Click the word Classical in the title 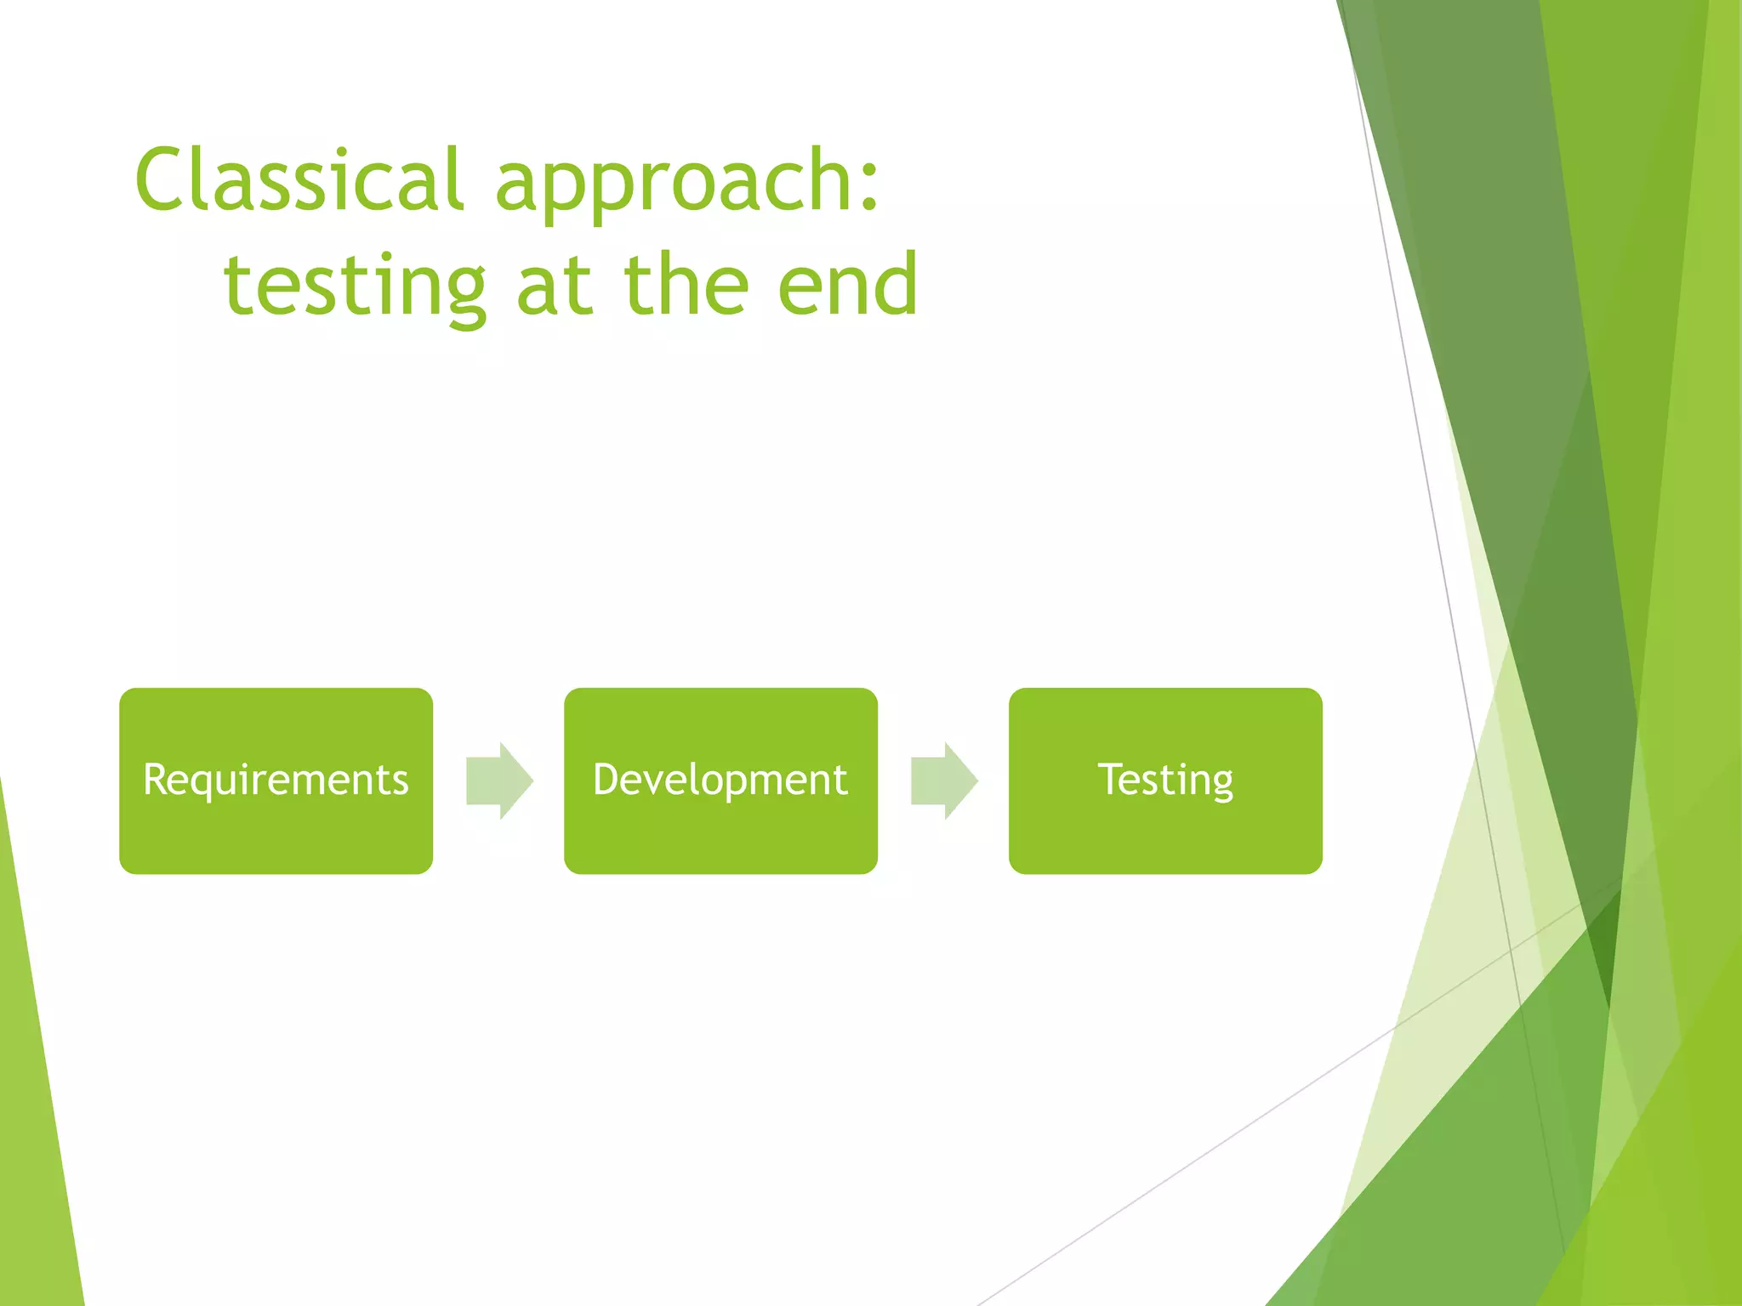(x=299, y=179)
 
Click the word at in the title (x=553, y=287)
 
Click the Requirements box (x=276, y=781)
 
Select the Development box (x=720, y=781)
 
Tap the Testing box (x=1165, y=781)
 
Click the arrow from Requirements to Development (x=499, y=781)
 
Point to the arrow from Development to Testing (x=944, y=781)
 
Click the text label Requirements (x=276, y=781)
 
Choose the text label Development (x=720, y=781)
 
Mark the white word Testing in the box (x=1165, y=781)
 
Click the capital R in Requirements (x=157, y=779)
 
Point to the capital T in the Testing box (x=1112, y=779)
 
